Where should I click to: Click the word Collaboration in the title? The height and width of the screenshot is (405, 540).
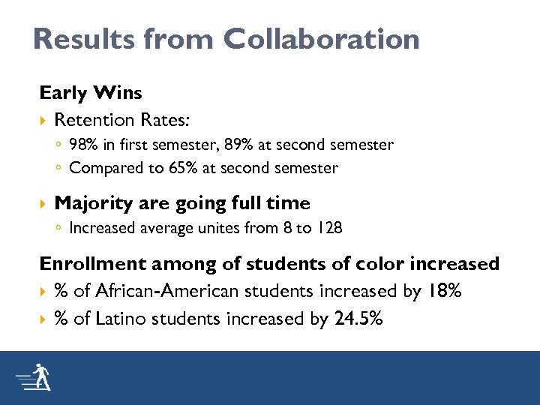point(320,40)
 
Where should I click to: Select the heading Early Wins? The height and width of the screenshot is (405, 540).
point(91,93)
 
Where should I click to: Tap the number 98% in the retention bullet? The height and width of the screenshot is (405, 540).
point(84,144)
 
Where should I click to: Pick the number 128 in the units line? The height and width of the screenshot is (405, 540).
point(330,228)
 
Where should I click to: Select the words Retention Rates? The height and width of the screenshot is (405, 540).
point(112,120)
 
